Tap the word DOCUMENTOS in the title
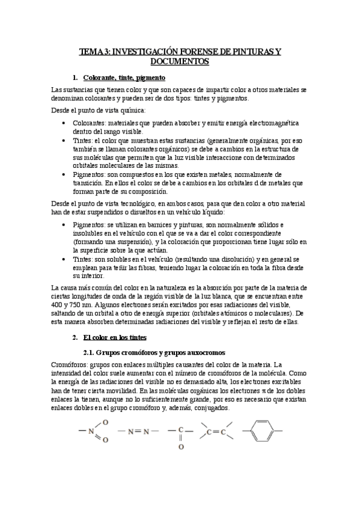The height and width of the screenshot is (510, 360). [180, 62]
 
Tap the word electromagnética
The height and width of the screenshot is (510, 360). [272, 122]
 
